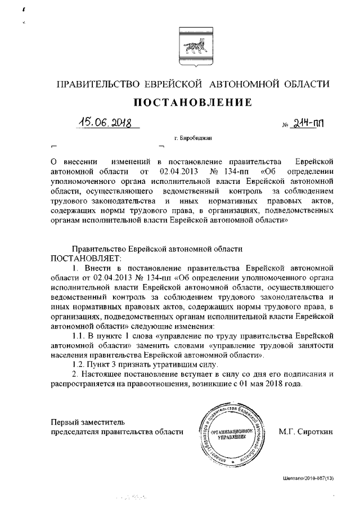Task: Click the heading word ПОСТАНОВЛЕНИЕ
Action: (183, 103)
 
